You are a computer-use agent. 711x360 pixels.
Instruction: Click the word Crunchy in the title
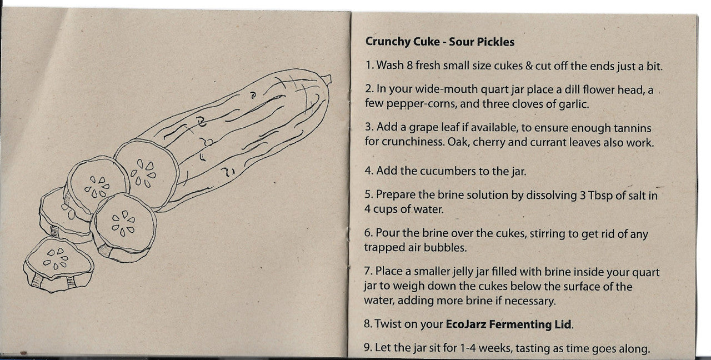(x=387, y=42)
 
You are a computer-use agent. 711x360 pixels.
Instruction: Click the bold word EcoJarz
(x=466, y=324)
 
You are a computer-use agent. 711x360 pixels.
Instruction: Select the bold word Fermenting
(x=519, y=324)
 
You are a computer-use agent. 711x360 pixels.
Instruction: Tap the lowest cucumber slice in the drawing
(x=59, y=264)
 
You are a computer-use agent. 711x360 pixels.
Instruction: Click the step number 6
(x=368, y=233)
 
